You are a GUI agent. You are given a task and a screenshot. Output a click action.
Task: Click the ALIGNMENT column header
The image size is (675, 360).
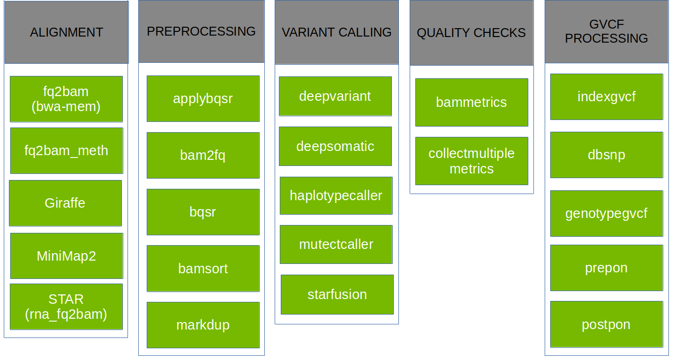66,32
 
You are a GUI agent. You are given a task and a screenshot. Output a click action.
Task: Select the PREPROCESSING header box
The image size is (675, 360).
201,31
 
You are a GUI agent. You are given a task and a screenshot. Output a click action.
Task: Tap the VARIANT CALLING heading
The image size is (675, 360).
337,32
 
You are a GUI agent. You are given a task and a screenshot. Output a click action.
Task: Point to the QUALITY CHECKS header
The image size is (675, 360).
471,33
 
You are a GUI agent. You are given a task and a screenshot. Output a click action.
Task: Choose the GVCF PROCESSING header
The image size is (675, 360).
606,31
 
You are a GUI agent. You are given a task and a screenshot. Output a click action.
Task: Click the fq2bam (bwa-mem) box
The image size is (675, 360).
66,99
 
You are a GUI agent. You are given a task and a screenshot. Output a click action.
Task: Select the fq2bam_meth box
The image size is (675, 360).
66,150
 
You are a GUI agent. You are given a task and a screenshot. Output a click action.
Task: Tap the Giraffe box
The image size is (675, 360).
65,203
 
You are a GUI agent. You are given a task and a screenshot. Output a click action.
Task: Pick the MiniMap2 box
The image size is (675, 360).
66,256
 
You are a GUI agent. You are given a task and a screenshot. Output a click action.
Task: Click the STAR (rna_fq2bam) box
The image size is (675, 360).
66,307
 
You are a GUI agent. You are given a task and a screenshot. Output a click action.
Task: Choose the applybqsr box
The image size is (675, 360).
203,98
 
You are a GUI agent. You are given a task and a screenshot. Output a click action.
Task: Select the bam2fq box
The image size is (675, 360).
203,155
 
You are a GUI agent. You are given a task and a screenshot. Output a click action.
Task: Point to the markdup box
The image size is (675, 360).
203,325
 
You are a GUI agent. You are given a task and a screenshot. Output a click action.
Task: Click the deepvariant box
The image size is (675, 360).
335,96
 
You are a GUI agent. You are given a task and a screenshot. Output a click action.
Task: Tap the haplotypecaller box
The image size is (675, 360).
336,195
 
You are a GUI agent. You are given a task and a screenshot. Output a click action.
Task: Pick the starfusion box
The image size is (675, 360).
337,294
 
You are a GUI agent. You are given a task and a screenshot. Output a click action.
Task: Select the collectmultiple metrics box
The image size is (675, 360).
472,161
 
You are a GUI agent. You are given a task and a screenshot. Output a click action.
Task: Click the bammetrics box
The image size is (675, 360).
472,102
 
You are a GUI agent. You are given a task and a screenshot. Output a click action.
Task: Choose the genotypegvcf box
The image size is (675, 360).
606,213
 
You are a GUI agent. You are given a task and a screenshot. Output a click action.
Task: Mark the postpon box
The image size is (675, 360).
606,324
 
